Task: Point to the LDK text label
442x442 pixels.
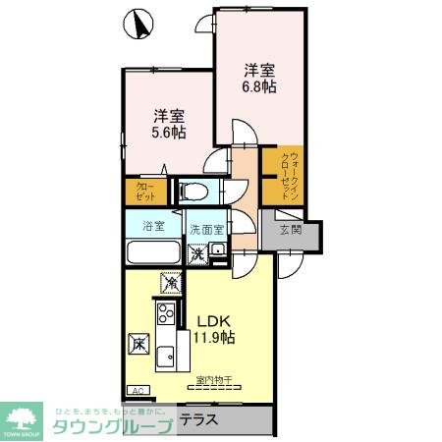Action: coord(213,320)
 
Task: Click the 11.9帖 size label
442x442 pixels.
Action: coord(213,338)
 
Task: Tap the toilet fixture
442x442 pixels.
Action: coord(193,190)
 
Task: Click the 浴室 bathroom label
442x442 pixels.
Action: coord(153,227)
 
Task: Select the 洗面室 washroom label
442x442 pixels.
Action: coord(207,228)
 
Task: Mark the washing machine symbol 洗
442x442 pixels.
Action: coord(197,254)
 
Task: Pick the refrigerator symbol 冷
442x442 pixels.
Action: coord(171,285)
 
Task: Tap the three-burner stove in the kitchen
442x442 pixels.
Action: coord(163,316)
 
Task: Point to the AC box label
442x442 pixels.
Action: coord(137,390)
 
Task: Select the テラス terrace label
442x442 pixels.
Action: coord(200,418)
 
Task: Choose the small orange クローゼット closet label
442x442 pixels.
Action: coord(143,191)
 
